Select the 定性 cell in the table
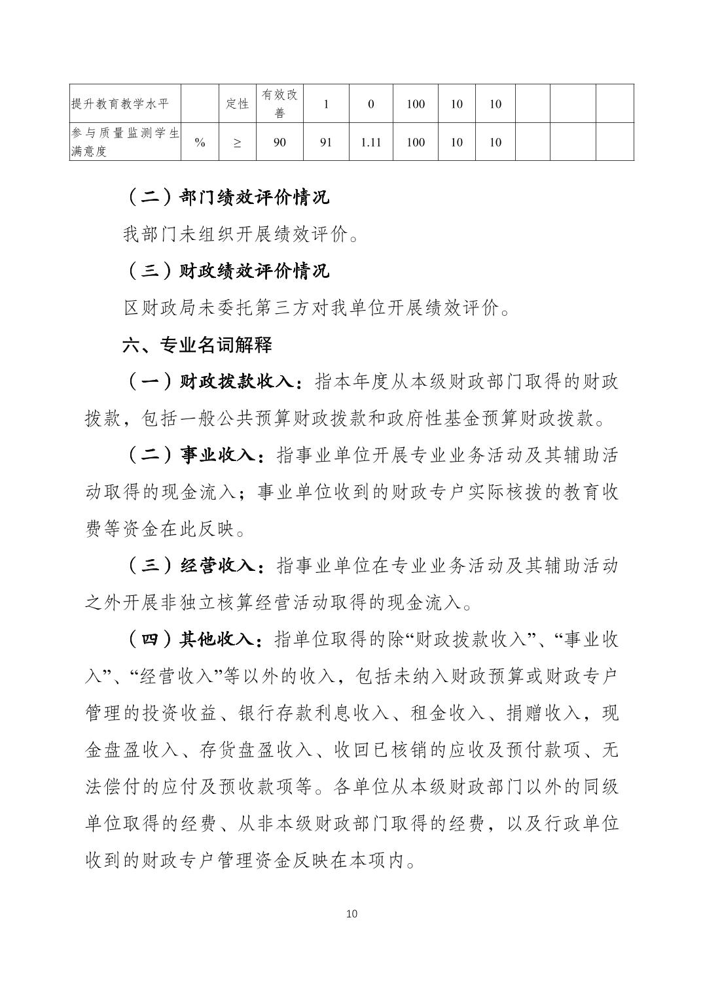point(237,103)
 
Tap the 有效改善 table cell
point(279,103)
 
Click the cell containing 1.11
point(370,142)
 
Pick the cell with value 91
point(326,142)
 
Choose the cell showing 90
point(279,142)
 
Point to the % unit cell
point(200,142)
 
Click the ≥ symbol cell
point(237,142)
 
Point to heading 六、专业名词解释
point(197,345)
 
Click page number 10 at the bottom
point(351,914)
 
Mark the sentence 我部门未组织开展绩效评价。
point(241,234)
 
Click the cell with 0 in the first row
point(370,103)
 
